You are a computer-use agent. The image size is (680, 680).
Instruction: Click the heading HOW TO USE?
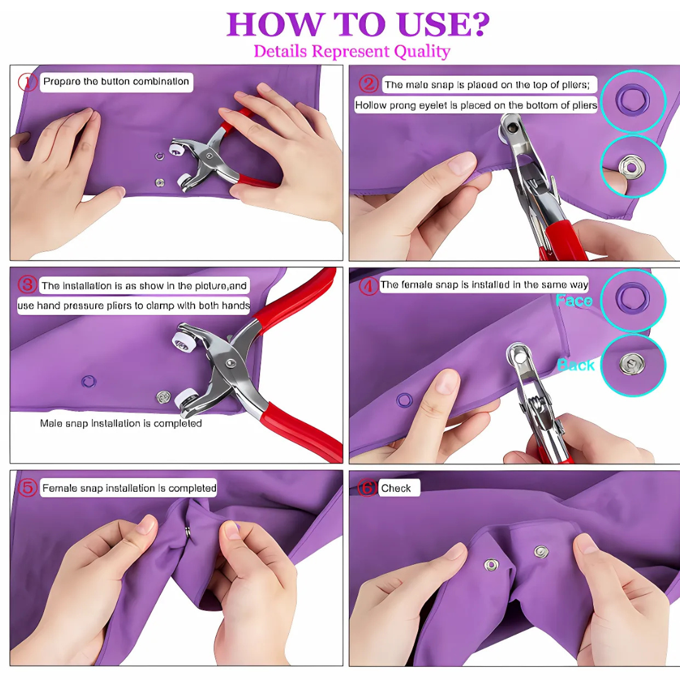tap(358, 24)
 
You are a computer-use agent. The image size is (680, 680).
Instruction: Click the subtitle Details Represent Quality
tap(351, 51)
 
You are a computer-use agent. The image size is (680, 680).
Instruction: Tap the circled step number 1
tap(28, 82)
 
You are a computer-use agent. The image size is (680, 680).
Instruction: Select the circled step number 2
tap(368, 84)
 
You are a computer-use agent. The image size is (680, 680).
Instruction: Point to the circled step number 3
tap(27, 285)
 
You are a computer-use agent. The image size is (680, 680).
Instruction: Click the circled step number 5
tap(28, 488)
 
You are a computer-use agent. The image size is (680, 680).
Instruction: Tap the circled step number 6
tap(368, 488)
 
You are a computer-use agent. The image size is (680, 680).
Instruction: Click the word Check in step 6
tap(396, 488)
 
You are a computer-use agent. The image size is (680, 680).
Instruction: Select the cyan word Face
tap(574, 301)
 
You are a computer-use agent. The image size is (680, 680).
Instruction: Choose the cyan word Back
tap(575, 365)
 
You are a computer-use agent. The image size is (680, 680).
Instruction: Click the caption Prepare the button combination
tap(116, 82)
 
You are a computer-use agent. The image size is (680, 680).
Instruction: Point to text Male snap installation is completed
tap(121, 423)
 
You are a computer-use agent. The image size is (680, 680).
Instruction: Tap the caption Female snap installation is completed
tap(129, 488)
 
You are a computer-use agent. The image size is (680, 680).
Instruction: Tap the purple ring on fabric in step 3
tap(89, 380)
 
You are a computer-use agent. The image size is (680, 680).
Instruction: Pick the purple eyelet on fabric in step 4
tap(403, 399)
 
